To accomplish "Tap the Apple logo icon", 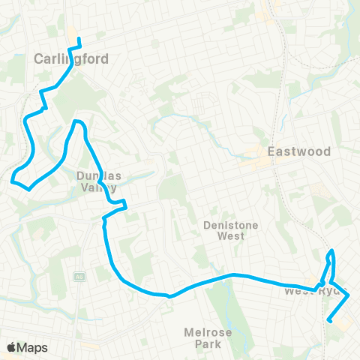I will point(12,347).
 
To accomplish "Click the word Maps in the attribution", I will point(33,347).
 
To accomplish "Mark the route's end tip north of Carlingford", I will point(79,37).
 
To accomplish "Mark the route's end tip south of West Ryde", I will point(329,320).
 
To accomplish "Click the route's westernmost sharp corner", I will point(12,179).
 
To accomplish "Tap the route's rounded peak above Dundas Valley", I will point(76,121).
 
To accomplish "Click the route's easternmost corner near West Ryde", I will point(349,296).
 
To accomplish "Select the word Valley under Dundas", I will point(97,188).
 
